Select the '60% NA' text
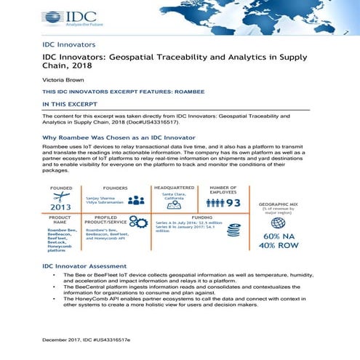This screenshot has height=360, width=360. [281, 236]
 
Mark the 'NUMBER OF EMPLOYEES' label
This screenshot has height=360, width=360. [223, 190]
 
